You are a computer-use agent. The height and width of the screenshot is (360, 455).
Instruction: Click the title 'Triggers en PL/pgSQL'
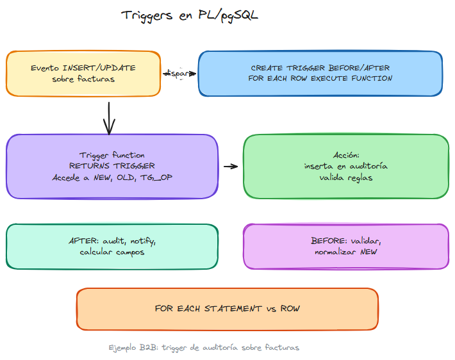tap(190, 15)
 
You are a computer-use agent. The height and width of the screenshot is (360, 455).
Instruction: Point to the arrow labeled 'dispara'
tap(179, 74)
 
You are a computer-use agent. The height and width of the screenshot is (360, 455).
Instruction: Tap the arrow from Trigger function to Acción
tap(230, 167)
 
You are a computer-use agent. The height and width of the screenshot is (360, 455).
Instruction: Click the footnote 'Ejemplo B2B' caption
tap(204, 347)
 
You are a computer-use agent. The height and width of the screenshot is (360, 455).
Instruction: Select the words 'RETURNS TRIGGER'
tap(112, 166)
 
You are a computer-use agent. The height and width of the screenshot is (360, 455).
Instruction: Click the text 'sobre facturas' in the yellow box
tap(83, 79)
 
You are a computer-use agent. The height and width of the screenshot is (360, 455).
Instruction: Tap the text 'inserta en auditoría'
tap(345, 167)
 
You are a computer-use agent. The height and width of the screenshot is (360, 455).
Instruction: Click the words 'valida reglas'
tap(345, 177)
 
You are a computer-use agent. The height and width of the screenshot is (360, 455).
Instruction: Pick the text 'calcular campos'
tap(112, 252)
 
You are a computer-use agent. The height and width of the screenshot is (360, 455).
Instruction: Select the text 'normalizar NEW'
tap(345, 252)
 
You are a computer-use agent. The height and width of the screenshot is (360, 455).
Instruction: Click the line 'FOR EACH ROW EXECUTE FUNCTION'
tap(320, 79)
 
